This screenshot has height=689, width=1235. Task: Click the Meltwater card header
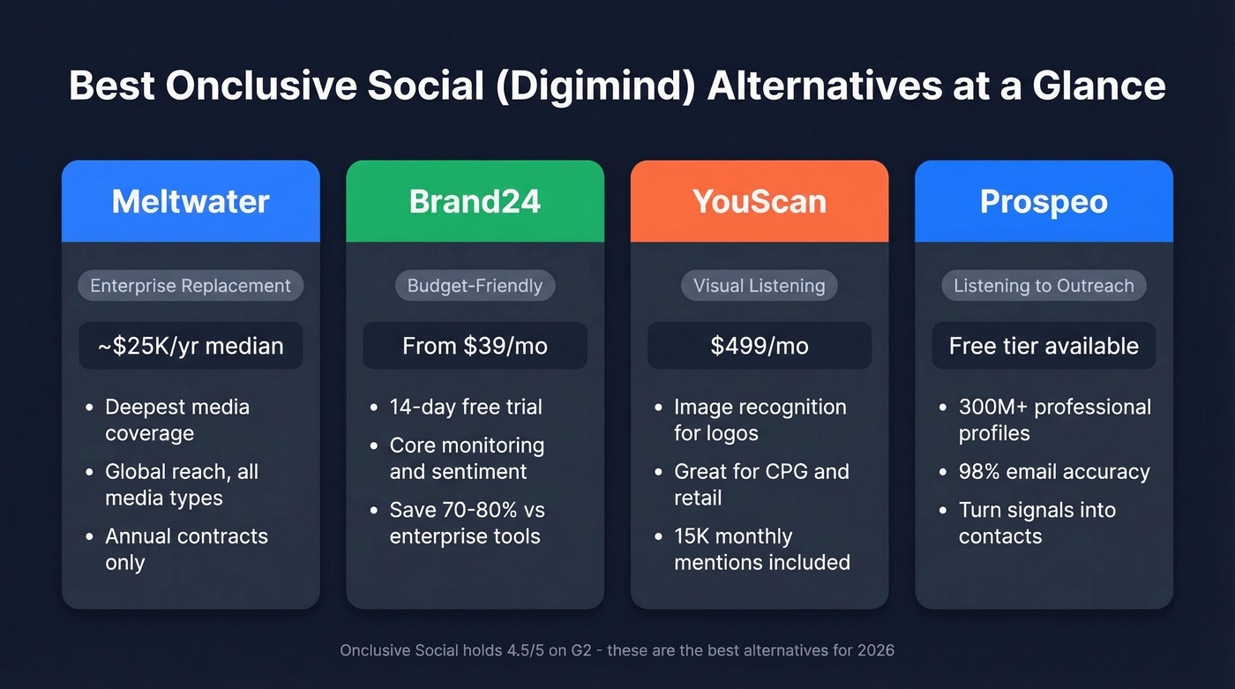[191, 201]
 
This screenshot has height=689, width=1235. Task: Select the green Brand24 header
[475, 201]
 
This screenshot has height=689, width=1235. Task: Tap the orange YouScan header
[760, 201]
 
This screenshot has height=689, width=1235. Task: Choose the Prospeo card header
[1044, 201]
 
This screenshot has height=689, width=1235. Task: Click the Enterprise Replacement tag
[191, 286]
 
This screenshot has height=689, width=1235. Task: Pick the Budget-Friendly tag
[475, 286]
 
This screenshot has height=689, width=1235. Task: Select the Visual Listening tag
[760, 286]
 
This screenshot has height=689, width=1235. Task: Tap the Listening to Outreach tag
[1044, 286]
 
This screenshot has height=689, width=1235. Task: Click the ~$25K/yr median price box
[191, 346]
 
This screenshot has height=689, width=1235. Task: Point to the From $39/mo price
[475, 346]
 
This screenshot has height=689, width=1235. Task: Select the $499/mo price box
[760, 346]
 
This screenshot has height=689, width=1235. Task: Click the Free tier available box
[1044, 346]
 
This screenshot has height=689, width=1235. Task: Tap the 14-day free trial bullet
[466, 407]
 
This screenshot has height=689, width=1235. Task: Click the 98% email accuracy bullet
[1053, 472]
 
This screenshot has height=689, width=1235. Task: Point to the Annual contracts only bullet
[185, 549]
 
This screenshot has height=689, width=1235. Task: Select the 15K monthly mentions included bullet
[761, 549]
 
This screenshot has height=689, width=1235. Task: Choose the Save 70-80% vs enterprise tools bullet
[468, 523]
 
